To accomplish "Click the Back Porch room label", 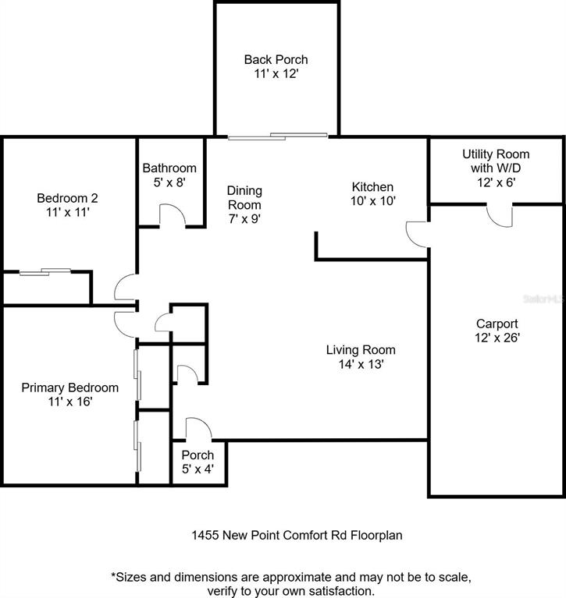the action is click(276, 59).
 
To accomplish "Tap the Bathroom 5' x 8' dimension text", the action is click(169, 182).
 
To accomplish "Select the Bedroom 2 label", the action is click(67, 198).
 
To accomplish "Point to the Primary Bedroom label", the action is click(70, 387).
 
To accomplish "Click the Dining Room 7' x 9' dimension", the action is click(244, 219).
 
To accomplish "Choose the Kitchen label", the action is click(372, 187).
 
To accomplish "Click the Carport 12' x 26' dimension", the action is click(497, 338).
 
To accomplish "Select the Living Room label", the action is click(361, 350).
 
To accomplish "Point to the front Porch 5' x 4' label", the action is click(198, 462).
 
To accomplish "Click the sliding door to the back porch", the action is click(278, 136).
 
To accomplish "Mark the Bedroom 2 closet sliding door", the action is click(45, 271).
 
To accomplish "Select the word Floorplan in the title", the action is click(376, 535).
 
